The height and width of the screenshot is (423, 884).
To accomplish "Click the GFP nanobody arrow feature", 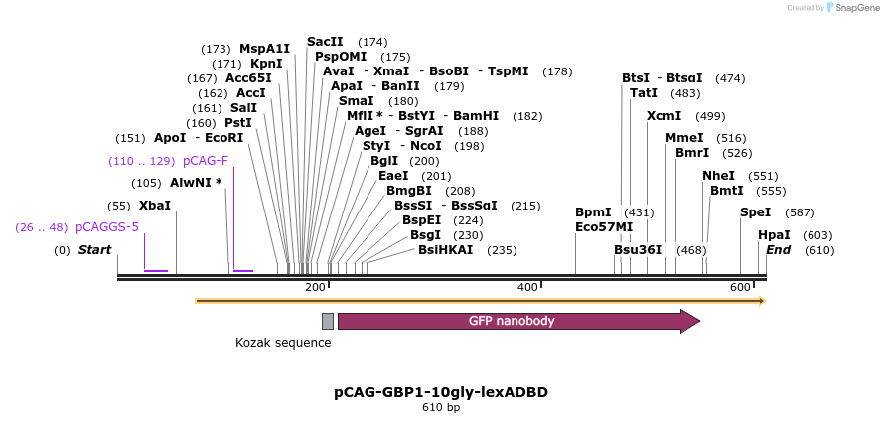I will pos(516,321).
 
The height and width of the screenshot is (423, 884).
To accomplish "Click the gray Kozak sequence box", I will pos(328,321).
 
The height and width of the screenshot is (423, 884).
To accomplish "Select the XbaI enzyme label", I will pos(155,206).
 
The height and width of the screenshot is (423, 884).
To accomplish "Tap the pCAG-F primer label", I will pos(206,161).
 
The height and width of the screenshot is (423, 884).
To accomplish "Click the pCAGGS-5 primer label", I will pos(107,227).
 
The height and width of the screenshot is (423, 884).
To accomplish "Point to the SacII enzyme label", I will pos(325,42).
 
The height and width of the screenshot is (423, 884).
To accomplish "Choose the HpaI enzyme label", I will pos(774,235).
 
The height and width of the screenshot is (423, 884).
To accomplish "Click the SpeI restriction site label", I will pos(755,212).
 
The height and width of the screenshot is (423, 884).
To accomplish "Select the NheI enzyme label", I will pos(718,176).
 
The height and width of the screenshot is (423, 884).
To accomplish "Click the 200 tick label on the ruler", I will pos(315,287).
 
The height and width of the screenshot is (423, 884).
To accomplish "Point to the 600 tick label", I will pos(740,287).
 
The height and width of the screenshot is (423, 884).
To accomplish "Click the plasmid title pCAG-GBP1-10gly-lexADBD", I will pos(441,392).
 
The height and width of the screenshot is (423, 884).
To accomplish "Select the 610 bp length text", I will pos(441,408).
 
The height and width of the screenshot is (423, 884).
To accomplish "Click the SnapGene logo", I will pos(849,8).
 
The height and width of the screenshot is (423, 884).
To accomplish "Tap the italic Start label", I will pos(95,250).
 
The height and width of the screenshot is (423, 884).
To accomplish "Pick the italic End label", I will pos(778,250).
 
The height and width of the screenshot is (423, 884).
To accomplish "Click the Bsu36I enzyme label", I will pos(638,250).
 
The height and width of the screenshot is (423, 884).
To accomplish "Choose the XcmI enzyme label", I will pos(663,116).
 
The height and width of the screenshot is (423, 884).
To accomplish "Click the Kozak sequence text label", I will pos(283,343).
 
